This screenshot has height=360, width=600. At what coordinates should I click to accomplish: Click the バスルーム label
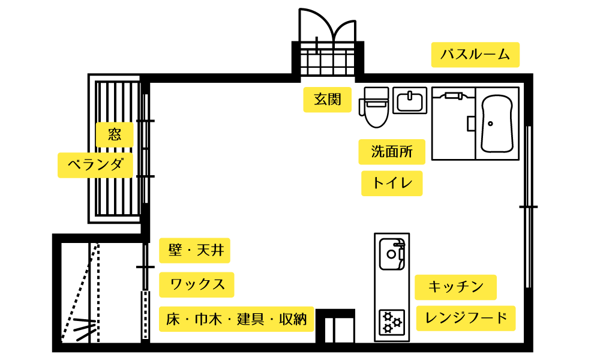pyautogui.click(x=475, y=55)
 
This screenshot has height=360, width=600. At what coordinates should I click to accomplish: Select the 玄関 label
pyautogui.click(x=327, y=100)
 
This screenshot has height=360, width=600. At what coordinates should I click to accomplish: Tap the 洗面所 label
pyautogui.click(x=392, y=152)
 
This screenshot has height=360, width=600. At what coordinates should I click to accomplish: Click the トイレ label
pyautogui.click(x=392, y=183)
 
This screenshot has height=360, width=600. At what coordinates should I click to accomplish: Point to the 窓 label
pyautogui.click(x=115, y=134)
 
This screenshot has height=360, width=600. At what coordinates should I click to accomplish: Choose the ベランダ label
pyautogui.click(x=95, y=165)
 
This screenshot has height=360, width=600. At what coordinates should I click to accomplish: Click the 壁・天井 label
pyautogui.click(x=194, y=250)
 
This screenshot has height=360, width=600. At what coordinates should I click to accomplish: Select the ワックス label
pyautogui.click(x=197, y=284)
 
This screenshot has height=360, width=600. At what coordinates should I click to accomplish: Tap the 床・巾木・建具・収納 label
pyautogui.click(x=236, y=319)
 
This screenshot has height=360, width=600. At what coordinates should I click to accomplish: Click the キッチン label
pyautogui.click(x=455, y=287)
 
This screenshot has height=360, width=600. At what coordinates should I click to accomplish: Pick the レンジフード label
pyautogui.click(x=466, y=319)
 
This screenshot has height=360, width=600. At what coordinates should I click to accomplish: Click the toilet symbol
pyautogui.click(x=376, y=108)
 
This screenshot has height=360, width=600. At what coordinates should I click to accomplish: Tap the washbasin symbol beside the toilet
pyautogui.click(x=410, y=101)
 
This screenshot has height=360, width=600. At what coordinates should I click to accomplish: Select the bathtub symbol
pyautogui.click(x=497, y=124)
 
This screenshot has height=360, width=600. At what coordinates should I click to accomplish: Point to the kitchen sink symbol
pyautogui.click(x=391, y=253)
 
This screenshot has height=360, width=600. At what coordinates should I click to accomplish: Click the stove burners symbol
pyautogui.click(x=392, y=322)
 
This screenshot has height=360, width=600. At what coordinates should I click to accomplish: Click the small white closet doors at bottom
pyautogui.click(x=339, y=330)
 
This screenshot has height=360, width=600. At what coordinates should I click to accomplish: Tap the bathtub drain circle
pyautogui.click(x=490, y=124)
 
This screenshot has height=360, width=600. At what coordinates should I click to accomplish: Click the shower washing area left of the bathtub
pyautogui.click(x=454, y=126)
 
